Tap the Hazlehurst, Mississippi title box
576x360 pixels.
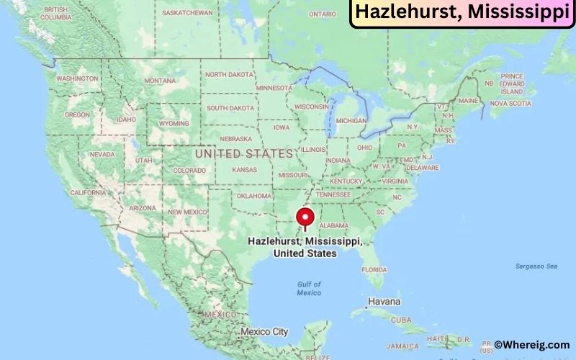462,14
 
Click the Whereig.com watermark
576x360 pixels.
534,346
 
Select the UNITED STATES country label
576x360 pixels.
245,153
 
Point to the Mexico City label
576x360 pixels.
264,332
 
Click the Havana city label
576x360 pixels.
384,300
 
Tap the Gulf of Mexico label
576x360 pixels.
309,288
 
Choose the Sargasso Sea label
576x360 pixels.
536,266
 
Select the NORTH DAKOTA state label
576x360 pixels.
229,74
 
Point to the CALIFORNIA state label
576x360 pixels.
89,193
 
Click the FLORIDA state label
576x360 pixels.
374,269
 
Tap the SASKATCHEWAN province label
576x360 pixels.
187,13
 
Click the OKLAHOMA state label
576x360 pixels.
254,196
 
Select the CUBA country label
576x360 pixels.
401,320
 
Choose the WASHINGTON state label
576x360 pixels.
77,78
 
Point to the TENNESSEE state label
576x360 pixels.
333,194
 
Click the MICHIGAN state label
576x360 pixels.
351,120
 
